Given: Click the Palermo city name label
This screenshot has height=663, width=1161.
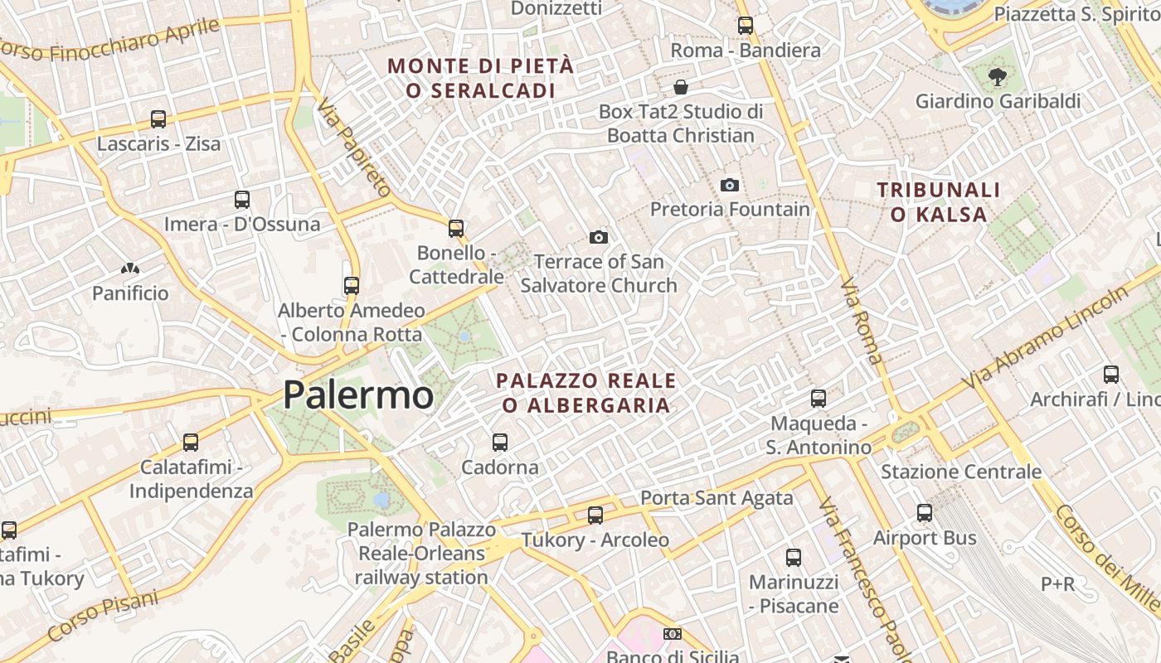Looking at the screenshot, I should [357, 395].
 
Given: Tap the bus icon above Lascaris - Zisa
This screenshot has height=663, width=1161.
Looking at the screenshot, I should [158, 119].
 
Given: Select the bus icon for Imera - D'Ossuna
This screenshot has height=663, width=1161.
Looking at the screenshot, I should [242, 200].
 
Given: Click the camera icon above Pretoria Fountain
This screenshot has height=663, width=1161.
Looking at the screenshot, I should [730, 185].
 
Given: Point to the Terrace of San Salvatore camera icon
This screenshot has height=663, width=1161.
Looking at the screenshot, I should [598, 238].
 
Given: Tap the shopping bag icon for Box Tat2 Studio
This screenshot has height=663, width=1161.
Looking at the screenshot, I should [681, 87].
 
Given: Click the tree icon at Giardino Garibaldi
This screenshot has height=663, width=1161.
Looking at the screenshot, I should [997, 78].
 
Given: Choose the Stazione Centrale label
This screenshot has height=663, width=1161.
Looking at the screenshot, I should [960, 472].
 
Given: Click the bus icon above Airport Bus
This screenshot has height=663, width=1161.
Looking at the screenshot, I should [925, 513].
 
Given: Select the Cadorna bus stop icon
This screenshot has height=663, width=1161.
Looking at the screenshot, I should [499, 443].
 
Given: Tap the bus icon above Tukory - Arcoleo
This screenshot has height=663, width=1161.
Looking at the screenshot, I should [595, 515].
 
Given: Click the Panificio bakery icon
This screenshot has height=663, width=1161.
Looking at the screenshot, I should [129, 269].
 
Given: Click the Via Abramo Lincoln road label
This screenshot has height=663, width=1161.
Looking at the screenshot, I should [1047, 336].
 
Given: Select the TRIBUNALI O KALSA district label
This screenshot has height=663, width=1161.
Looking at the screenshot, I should [939, 202].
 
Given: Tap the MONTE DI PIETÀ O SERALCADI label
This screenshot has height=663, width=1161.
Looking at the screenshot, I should [481, 78].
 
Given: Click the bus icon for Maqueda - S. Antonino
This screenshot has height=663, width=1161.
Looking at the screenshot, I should [819, 399].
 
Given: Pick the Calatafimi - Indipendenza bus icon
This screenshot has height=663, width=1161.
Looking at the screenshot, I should [191, 443].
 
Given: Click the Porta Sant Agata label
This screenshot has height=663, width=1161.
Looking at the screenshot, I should [717, 498].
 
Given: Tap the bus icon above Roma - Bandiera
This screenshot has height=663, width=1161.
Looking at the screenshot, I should [745, 26].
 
